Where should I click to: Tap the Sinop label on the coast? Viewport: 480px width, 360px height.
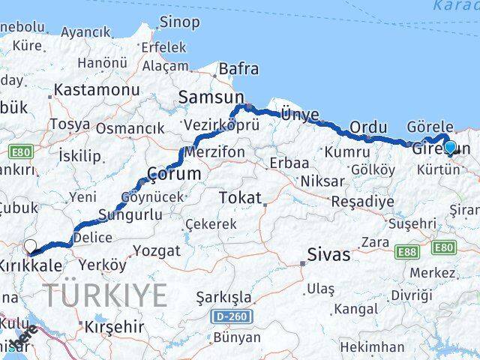point(180,22)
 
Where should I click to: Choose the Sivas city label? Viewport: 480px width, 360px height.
point(328,255)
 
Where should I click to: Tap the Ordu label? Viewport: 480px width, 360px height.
point(369,127)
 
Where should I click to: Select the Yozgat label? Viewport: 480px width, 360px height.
point(156,250)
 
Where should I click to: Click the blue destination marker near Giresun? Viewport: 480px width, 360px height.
point(450,147)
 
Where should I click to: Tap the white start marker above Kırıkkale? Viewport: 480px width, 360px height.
point(30,245)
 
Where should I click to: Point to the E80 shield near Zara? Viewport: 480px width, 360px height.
point(444,247)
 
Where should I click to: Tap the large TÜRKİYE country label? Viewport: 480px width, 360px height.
point(105,295)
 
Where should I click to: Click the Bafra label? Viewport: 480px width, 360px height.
point(238,70)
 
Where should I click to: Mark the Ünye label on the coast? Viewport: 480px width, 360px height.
point(299,114)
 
